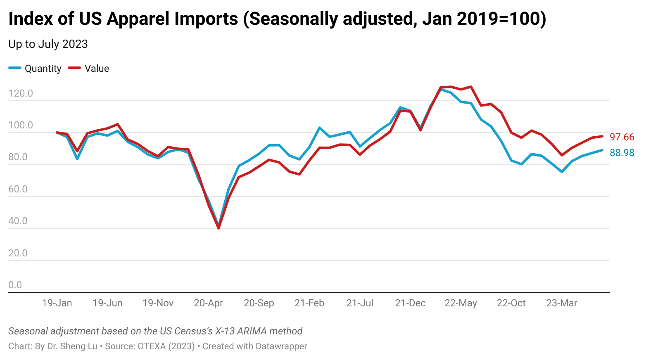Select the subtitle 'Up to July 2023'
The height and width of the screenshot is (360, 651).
pyautogui.click(x=48, y=44)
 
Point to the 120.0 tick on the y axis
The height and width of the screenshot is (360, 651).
pyautogui.click(x=21, y=93)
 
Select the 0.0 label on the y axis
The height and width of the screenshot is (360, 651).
pyautogui.click(x=15, y=285)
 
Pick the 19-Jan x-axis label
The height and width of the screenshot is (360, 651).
pyautogui.click(x=57, y=303)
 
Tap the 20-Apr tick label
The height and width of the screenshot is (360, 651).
pyautogui.click(x=208, y=303)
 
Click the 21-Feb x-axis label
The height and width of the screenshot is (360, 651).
pyautogui.click(x=309, y=303)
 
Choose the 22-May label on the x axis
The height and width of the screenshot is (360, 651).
pyautogui.click(x=461, y=303)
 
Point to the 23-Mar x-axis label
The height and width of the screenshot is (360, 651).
pyautogui.click(x=562, y=303)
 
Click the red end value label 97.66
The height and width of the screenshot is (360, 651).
pyautogui.click(x=622, y=137)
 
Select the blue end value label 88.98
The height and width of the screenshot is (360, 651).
pyautogui.click(x=622, y=153)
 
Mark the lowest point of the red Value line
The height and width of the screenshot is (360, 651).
pyautogui.click(x=219, y=228)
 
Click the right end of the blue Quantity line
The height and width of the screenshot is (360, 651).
pyautogui.click(x=602, y=150)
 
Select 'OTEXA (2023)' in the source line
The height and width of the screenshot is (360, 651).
pyautogui.click(x=166, y=346)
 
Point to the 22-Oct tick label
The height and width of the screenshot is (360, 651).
pyautogui.click(x=511, y=303)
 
